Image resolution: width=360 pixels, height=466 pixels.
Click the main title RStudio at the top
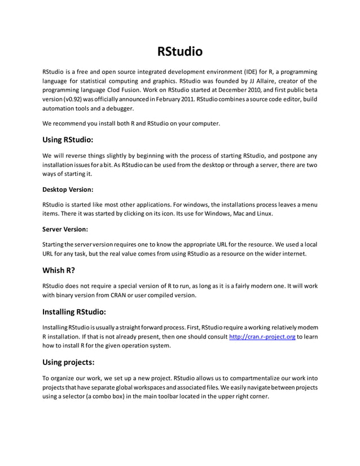coord(179,52)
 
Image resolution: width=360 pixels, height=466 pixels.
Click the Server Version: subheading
coord(65,229)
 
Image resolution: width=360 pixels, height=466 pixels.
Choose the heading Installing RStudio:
coord(74,311)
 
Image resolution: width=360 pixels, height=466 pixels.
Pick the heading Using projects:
coord(68,362)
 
